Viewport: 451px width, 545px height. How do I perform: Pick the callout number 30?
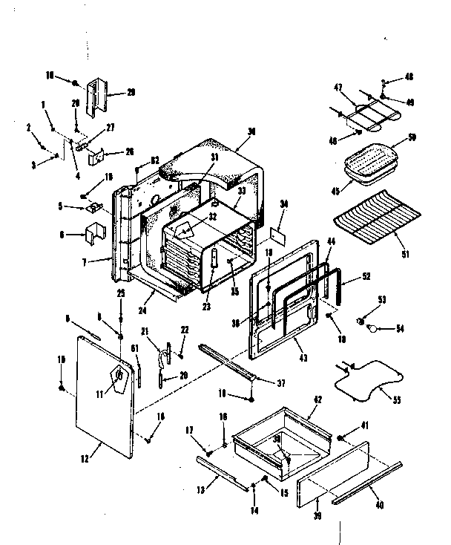(x=251, y=132)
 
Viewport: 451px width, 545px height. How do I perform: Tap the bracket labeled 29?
(x=97, y=97)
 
